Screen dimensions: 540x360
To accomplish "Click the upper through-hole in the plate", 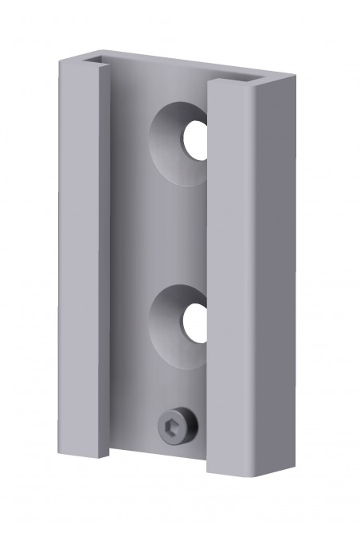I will [x=194, y=139].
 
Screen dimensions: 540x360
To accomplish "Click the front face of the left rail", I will [x=80, y=263].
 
